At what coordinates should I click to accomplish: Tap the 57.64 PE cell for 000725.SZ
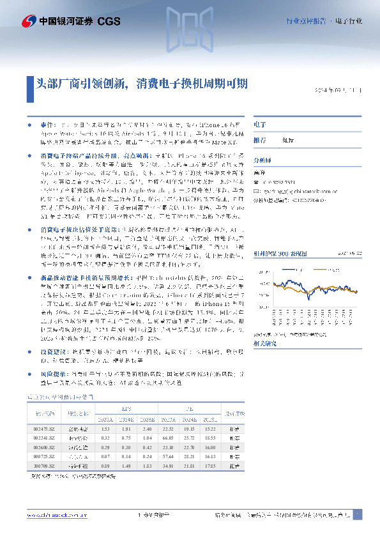[x=168, y=457]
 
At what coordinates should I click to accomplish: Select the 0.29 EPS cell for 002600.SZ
[x=105, y=449]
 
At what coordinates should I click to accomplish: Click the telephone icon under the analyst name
[x=256, y=182]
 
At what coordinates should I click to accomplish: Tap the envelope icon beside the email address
[x=256, y=190]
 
